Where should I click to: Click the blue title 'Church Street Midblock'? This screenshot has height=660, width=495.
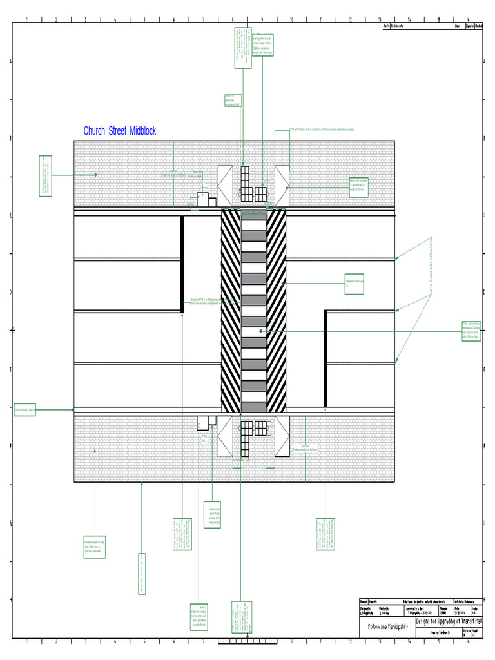point(119,131)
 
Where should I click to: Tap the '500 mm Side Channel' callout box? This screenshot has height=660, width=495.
point(24,409)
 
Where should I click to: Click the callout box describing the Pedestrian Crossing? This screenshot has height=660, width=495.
point(472,330)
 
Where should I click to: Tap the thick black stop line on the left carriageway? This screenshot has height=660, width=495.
point(182,264)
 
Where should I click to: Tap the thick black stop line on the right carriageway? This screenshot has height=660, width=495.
point(325,358)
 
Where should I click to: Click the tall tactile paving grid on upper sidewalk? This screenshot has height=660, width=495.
point(245,184)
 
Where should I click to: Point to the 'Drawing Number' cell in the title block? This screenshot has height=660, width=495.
point(438,634)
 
